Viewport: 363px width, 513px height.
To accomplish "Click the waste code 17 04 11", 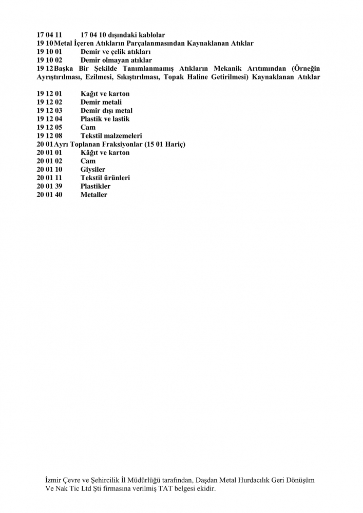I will (x=49, y=35).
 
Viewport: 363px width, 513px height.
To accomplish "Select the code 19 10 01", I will (x=49, y=52).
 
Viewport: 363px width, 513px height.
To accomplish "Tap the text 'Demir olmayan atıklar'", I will (x=116, y=61).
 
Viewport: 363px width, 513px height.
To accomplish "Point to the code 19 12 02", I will (x=49, y=102).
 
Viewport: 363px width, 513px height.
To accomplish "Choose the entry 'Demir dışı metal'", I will (x=106, y=111).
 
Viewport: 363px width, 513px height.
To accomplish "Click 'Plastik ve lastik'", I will (x=105, y=119).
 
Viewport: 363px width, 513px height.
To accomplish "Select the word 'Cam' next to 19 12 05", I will (x=88, y=127).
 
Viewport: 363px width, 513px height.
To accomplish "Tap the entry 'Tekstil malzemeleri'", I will (x=111, y=136).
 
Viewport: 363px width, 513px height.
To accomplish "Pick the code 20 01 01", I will (x=49, y=153).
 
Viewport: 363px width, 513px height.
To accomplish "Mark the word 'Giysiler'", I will (x=93, y=169).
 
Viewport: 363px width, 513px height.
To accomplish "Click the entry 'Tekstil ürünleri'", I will (x=105, y=178).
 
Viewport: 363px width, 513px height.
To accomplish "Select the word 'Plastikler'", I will (x=95, y=186).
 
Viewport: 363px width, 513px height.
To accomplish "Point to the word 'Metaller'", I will (x=94, y=195).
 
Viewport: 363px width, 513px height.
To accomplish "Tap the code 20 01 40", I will (x=49, y=195).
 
